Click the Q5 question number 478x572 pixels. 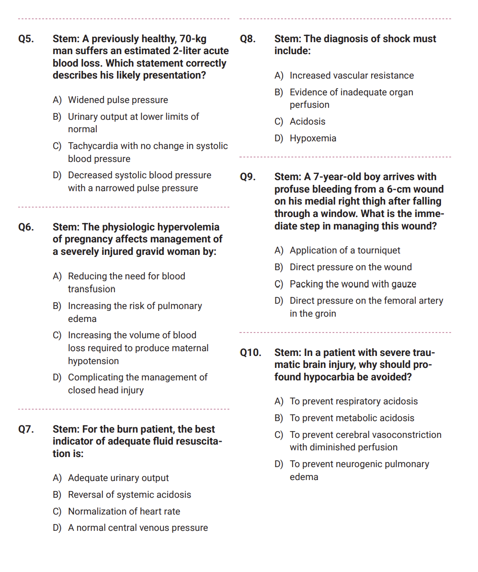click(x=26, y=39)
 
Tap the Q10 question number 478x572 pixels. click(x=250, y=353)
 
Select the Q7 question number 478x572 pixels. click(x=26, y=429)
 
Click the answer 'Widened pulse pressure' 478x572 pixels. click(x=118, y=100)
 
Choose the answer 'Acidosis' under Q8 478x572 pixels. click(x=307, y=122)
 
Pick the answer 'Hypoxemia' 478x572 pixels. click(x=313, y=138)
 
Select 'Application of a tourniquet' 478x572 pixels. click(x=345, y=251)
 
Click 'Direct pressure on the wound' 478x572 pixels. click(x=351, y=267)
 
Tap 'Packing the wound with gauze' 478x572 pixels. click(x=353, y=284)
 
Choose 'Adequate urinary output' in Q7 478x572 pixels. click(x=118, y=478)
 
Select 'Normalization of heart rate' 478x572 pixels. click(x=124, y=512)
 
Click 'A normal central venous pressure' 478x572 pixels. click(x=138, y=528)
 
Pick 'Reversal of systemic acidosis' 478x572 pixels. click(x=129, y=495)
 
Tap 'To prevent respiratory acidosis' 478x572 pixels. click(x=353, y=401)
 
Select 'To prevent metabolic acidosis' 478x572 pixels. click(x=352, y=418)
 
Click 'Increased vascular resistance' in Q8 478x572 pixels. click(x=352, y=76)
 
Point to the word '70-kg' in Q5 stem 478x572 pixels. click(x=193, y=39)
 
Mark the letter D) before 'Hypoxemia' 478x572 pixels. click(x=279, y=138)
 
